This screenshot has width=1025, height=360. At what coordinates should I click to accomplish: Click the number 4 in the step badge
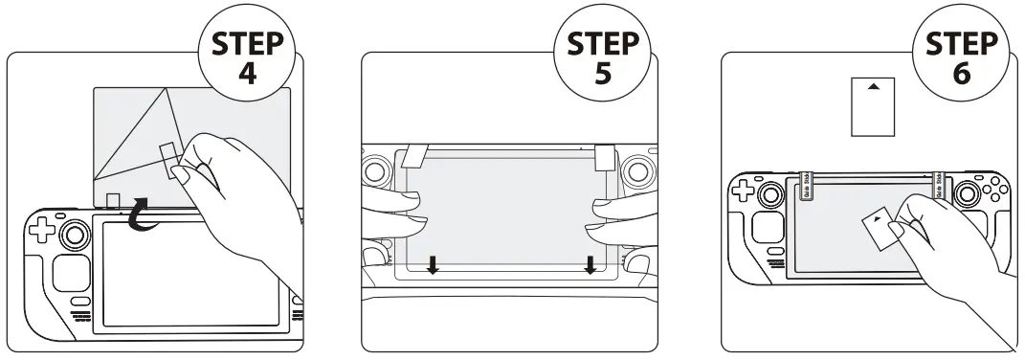point(246,74)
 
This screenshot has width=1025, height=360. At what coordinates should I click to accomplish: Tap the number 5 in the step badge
point(603,74)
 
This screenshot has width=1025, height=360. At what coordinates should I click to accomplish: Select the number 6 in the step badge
point(960,74)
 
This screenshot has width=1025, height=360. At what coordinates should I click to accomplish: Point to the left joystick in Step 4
point(73,235)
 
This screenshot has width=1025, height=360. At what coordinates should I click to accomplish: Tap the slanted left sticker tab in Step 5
point(415,154)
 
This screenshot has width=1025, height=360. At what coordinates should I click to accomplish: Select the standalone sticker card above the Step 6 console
point(872,106)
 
